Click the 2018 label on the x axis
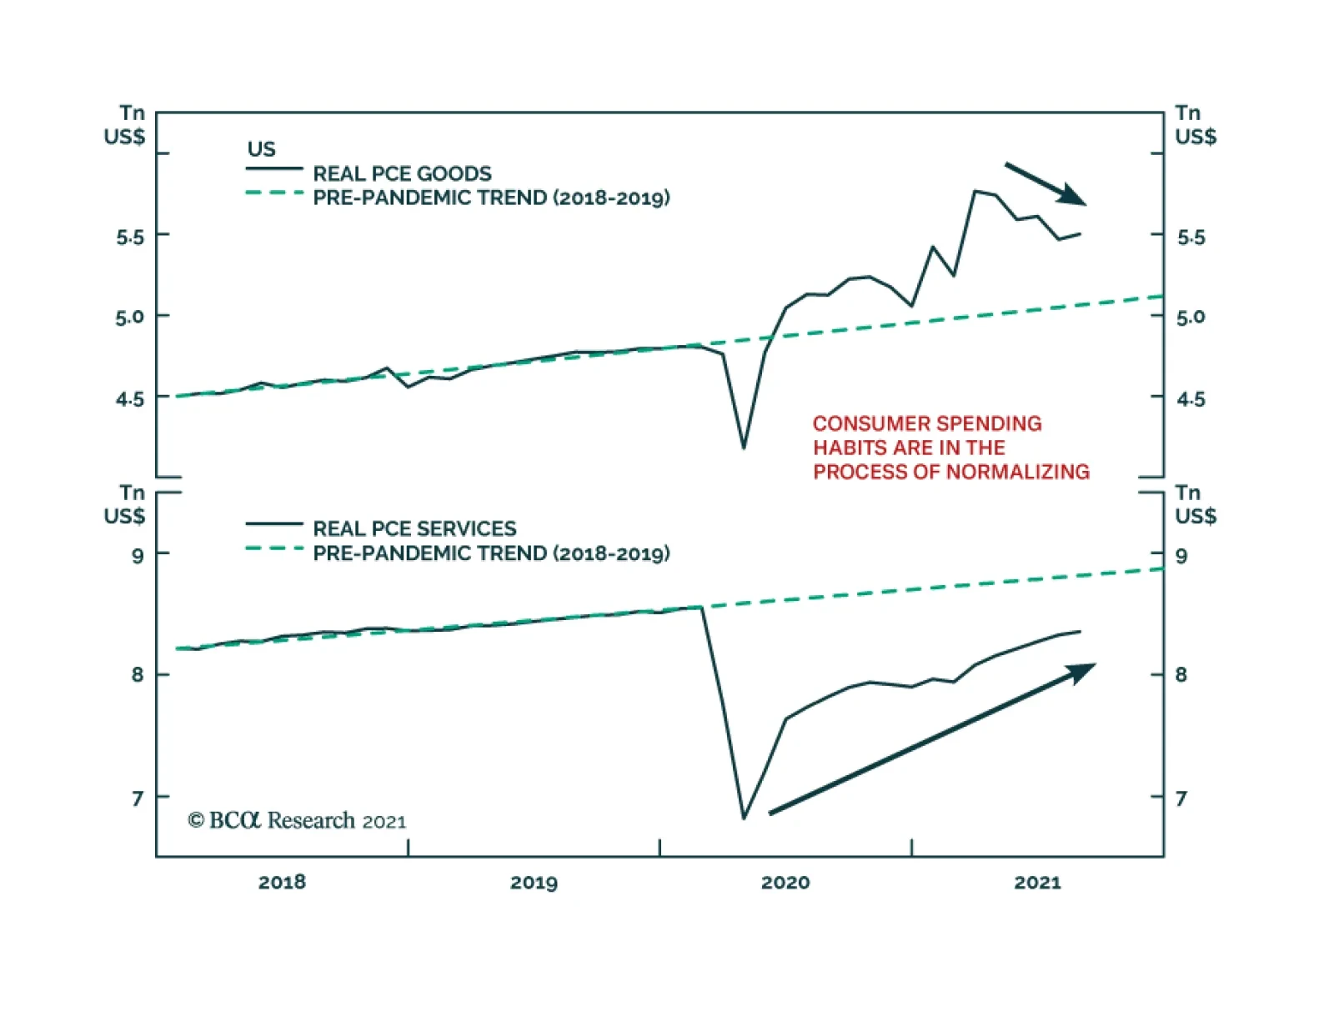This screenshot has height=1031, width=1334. (282, 882)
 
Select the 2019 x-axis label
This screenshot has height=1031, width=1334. (534, 882)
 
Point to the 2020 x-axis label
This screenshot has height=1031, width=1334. (785, 882)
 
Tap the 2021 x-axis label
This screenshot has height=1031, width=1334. (1037, 882)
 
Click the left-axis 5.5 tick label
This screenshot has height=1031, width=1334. (130, 237)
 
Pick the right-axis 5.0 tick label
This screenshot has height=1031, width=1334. (1191, 317)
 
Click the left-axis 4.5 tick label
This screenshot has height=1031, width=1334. (130, 399)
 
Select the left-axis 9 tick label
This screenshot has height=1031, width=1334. (138, 555)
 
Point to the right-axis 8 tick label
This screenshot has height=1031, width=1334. (1181, 674)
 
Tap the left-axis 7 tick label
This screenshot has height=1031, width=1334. (138, 798)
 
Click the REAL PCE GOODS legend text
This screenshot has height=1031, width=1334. (402, 173)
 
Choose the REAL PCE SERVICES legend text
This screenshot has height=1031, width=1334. (414, 528)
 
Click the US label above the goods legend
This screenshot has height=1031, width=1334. (261, 149)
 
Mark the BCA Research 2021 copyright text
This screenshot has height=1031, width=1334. (297, 821)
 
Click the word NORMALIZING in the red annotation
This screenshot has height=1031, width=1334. (1016, 472)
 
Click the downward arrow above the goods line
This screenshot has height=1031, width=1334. (1046, 183)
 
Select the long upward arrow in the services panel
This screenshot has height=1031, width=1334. (932, 738)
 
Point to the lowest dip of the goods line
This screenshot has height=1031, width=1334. (744, 448)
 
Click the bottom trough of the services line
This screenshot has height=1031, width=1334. (744, 818)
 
